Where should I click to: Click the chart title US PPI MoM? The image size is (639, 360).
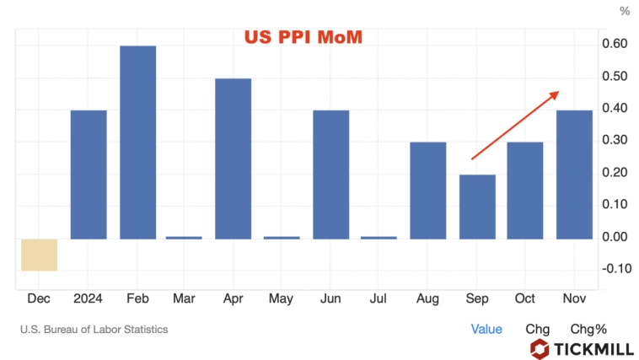[x=303, y=37]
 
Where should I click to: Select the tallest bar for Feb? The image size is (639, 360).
[x=137, y=142]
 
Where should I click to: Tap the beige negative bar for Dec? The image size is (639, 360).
[x=40, y=255]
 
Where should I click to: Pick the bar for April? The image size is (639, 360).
[x=234, y=159]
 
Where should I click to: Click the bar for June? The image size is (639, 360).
[x=330, y=175]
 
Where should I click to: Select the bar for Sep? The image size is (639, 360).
[x=476, y=207]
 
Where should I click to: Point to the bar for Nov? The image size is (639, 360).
[x=574, y=175]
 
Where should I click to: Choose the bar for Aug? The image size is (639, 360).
[x=428, y=191]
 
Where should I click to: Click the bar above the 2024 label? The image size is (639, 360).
[x=89, y=175]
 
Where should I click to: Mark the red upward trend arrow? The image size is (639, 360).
[x=514, y=125]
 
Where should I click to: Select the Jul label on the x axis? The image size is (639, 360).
[x=379, y=298]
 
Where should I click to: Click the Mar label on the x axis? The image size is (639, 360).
[x=185, y=298]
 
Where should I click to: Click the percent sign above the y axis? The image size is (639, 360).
[x=625, y=12]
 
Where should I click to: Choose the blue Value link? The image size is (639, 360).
[x=486, y=329]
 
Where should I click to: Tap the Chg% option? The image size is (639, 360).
[x=588, y=329]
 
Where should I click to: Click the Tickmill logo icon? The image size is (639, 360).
[x=540, y=348]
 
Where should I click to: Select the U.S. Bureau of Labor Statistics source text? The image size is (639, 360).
[x=94, y=330]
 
